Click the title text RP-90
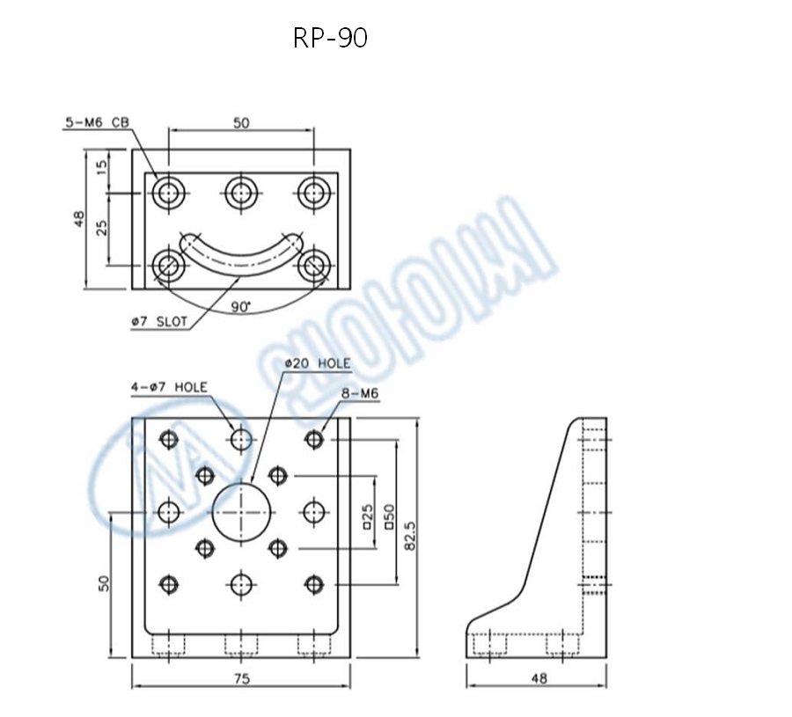[x=330, y=38]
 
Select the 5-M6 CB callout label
[x=96, y=123]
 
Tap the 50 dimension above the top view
[x=241, y=123]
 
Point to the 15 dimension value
[x=102, y=166]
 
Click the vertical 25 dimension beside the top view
[x=102, y=228]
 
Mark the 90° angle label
[x=240, y=306]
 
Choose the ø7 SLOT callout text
[x=158, y=322]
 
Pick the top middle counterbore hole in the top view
[x=241, y=193]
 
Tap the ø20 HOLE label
[x=318, y=363]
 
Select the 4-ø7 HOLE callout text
[x=169, y=386]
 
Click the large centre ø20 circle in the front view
[x=241, y=511]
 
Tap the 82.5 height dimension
[x=409, y=534]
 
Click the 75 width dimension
[x=241, y=678]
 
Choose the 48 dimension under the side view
[x=536, y=678]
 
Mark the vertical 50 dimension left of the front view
[x=103, y=583]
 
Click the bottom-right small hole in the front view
[x=314, y=582]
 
